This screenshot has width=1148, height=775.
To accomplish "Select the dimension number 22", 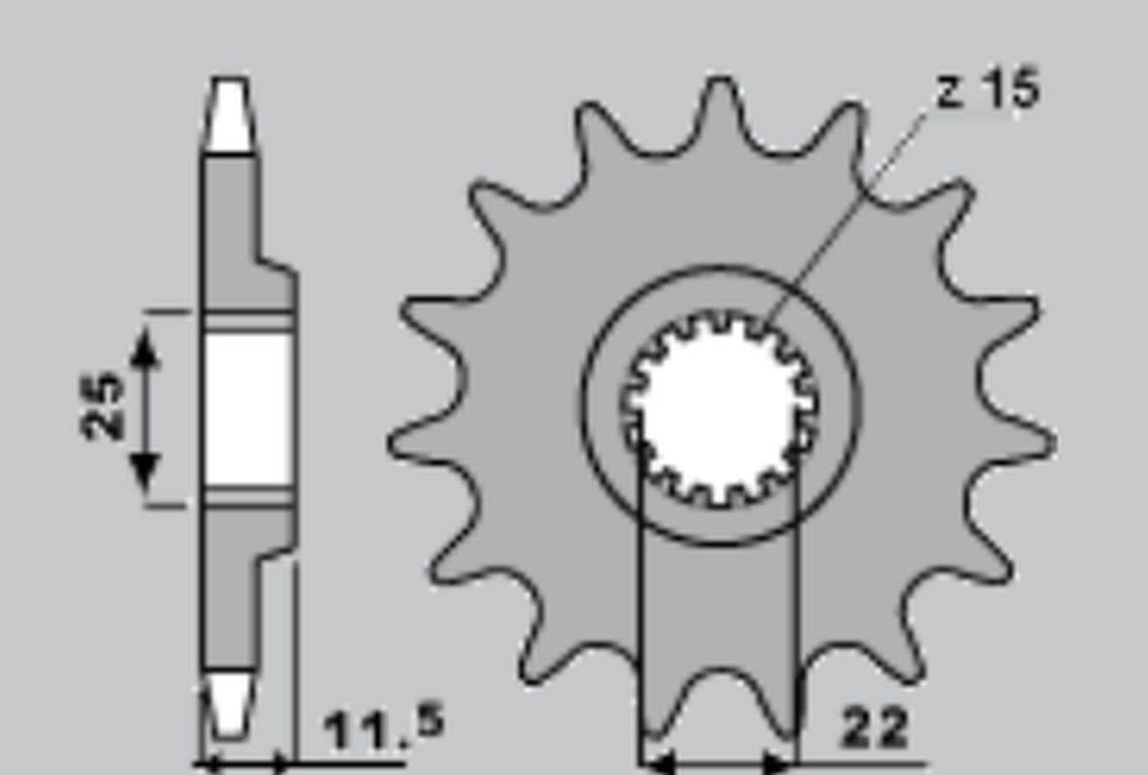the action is click(x=875, y=728).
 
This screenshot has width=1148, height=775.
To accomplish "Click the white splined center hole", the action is click(x=718, y=407).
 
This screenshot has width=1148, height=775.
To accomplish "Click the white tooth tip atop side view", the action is click(x=230, y=115).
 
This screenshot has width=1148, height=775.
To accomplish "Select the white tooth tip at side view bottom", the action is click(x=230, y=704).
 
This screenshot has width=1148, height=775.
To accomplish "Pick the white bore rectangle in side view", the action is click(x=247, y=410).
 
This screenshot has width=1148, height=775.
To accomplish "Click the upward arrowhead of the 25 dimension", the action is click(x=145, y=347).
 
